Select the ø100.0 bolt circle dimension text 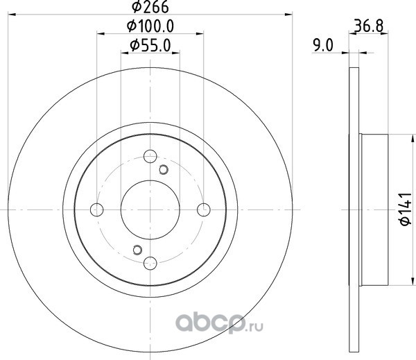pyautogui.click(x=150, y=26)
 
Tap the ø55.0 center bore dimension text pyautogui.click(x=150, y=46)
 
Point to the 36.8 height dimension pyautogui.click(x=369, y=26)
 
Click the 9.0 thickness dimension pyautogui.click(x=323, y=45)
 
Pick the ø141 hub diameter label pyautogui.click(x=406, y=209)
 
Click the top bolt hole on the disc pyautogui.click(x=150, y=156)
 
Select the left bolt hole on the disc pyautogui.click(x=97, y=209)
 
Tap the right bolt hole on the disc pyautogui.click(x=204, y=209)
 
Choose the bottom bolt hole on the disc pyautogui.click(x=150, y=263)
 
